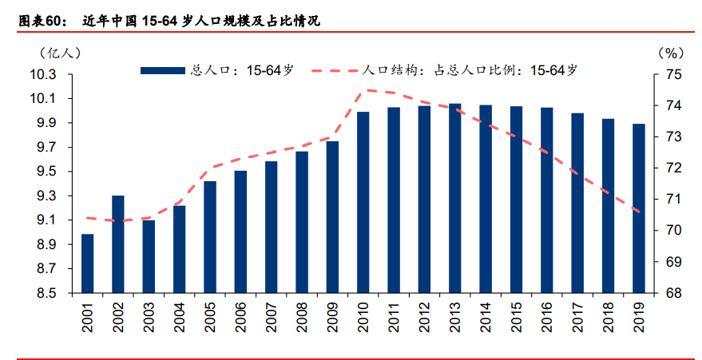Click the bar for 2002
coord(118,244)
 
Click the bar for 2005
coord(210,237)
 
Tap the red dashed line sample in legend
coord(335,70)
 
